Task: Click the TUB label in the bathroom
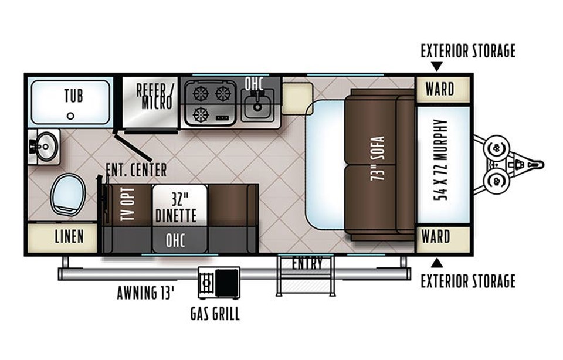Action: (x=74, y=96)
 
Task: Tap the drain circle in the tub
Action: (x=71, y=116)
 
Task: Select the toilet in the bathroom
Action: (x=67, y=195)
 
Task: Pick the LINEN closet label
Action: (x=69, y=236)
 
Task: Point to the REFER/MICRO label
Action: (x=155, y=96)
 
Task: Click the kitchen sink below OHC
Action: (x=257, y=105)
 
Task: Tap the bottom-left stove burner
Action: (x=201, y=115)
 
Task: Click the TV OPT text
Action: (x=128, y=204)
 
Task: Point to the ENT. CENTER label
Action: (x=137, y=170)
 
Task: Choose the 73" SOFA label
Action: (x=378, y=158)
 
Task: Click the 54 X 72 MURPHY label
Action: (x=441, y=159)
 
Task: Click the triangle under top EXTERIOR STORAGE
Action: (x=436, y=66)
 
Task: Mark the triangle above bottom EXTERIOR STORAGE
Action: (x=436, y=263)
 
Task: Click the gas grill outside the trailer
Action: (x=219, y=283)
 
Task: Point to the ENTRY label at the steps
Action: (x=307, y=263)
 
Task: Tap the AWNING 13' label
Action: (x=146, y=293)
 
